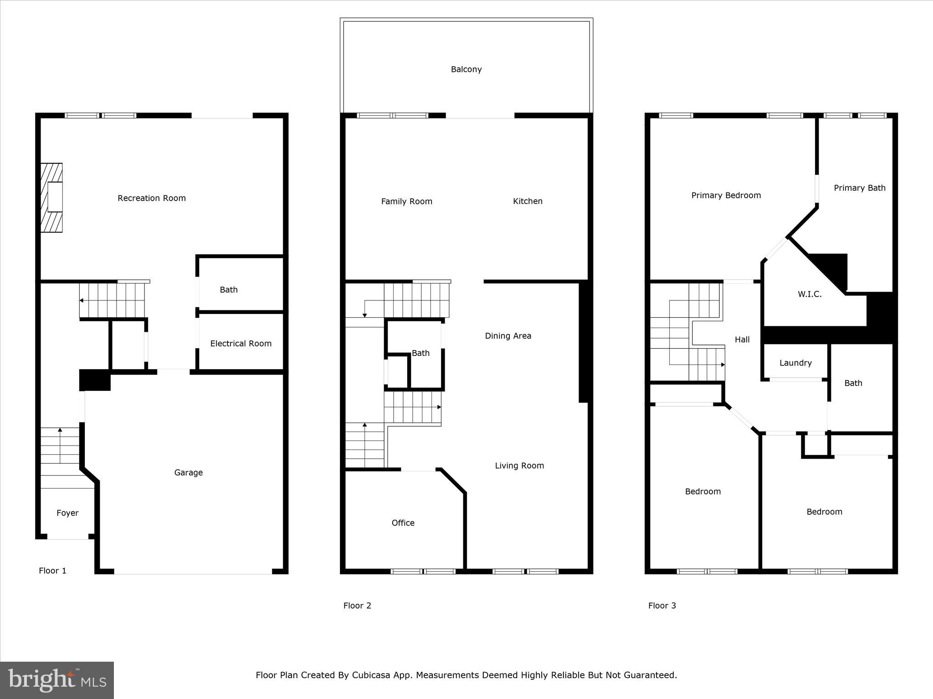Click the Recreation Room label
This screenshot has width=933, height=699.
151,198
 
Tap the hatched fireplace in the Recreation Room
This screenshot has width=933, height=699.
51,198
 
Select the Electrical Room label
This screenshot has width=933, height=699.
241,344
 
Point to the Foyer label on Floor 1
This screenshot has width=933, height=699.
67,513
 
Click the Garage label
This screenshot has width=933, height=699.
188,472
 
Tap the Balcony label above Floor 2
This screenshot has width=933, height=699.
466,69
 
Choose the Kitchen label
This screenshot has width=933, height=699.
528,201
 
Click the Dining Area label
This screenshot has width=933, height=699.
508,336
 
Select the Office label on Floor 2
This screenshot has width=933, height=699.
403,523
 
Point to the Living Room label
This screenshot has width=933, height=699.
519,466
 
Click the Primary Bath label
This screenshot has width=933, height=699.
860,188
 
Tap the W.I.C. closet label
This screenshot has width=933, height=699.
810,294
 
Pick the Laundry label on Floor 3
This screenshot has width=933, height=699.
795,363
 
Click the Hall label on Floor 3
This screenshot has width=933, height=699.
742,339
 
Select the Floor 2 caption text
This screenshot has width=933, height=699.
357,606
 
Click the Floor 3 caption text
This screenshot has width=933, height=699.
662,606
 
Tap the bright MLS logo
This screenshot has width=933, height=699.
57,680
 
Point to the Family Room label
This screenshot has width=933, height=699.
406,201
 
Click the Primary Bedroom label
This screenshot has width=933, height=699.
726,195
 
